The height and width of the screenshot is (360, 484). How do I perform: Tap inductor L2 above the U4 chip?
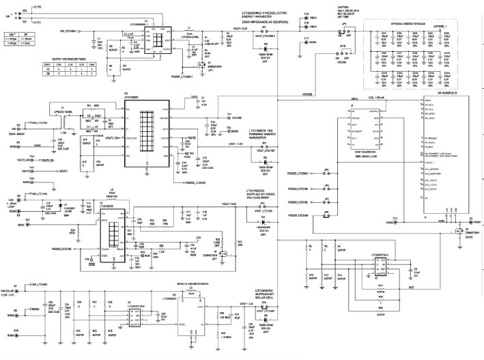coord(112,195)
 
